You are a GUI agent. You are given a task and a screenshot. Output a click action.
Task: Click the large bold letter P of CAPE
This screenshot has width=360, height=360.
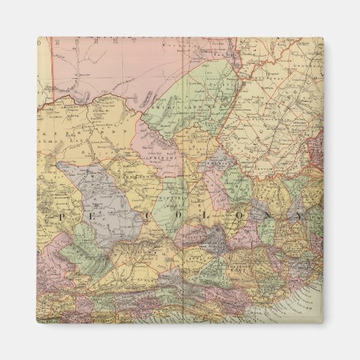click(60, 215)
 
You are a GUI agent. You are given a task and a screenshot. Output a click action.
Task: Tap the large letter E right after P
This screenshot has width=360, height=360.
click(80, 215)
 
